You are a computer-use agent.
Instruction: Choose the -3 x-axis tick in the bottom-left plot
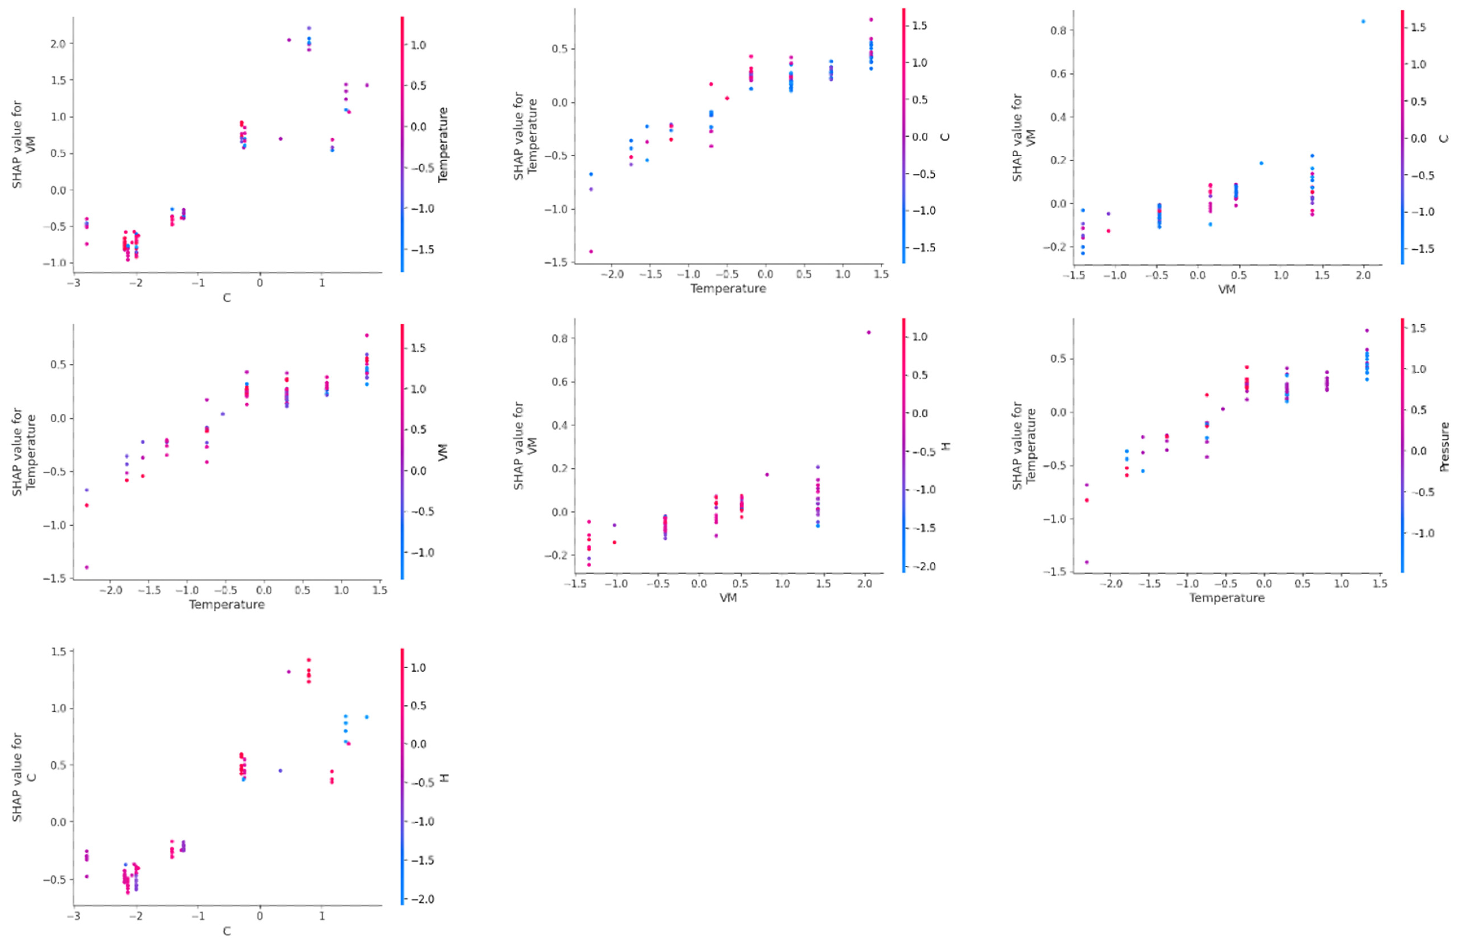[x=73, y=916]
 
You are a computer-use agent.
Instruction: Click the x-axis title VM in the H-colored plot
[x=728, y=598]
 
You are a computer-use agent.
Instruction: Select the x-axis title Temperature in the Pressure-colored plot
[x=1227, y=598]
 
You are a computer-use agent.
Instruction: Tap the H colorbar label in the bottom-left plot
[x=444, y=778]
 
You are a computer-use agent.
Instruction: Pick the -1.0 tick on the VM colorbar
[x=422, y=552]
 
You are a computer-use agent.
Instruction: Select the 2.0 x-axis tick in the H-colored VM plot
[x=864, y=583]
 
